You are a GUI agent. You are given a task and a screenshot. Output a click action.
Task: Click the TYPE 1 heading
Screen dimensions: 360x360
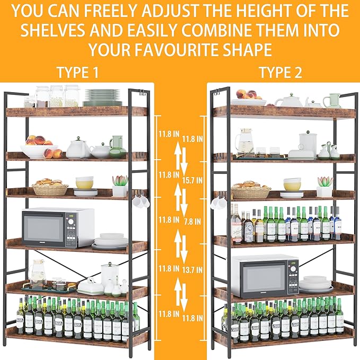pyautogui.click(x=77, y=73)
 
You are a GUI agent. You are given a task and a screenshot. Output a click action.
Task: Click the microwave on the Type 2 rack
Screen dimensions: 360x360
pyautogui.click(x=265, y=276)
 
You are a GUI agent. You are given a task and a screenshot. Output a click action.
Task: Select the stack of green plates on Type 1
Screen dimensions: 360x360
pyautogui.click(x=103, y=97)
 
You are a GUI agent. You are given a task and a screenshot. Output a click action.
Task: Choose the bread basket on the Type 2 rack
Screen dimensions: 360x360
pyautogui.click(x=251, y=190)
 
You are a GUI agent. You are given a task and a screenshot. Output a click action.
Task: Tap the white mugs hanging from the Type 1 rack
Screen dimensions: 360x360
pyautogui.click(x=141, y=201)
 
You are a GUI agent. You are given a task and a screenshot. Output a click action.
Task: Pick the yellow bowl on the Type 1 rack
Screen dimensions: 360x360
pyautogui.click(x=85, y=183)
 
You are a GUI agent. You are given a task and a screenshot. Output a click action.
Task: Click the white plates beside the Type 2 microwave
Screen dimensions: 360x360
pyautogui.click(x=316, y=285)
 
